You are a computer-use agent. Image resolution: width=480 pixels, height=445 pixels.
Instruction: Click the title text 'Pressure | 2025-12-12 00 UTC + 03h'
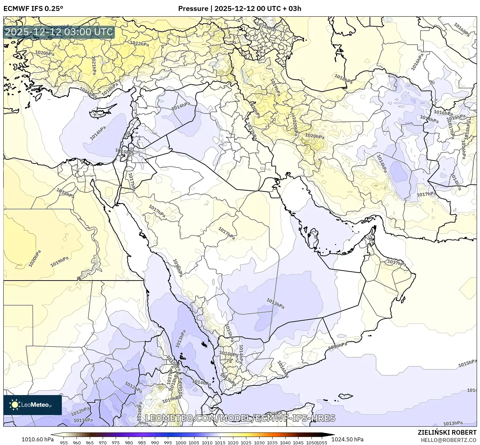click(240, 8)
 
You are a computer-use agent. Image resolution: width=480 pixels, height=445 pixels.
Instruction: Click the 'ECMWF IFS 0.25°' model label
click(33, 8)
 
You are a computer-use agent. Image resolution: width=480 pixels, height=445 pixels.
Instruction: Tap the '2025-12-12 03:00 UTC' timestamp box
click(59, 32)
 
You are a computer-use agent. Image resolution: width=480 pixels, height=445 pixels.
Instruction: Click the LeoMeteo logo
click(32, 405)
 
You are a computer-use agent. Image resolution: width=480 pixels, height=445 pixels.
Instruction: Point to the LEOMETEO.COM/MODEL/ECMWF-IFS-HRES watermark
click(240, 418)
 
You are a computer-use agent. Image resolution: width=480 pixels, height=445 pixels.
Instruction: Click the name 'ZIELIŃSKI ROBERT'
click(447, 432)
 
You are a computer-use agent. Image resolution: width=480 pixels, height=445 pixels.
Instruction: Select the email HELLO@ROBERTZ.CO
click(448, 440)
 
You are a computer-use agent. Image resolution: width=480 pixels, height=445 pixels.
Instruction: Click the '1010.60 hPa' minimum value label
click(38, 439)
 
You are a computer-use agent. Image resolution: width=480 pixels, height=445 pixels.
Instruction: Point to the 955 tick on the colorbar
click(64, 442)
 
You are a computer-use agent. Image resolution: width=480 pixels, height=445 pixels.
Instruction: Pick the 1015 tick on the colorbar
click(220, 442)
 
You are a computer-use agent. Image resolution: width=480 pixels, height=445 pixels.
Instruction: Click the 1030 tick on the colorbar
click(259, 442)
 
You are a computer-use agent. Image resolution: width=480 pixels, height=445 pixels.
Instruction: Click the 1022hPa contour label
click(139, 44)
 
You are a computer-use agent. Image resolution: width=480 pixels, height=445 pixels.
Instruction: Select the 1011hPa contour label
click(83, 420)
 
